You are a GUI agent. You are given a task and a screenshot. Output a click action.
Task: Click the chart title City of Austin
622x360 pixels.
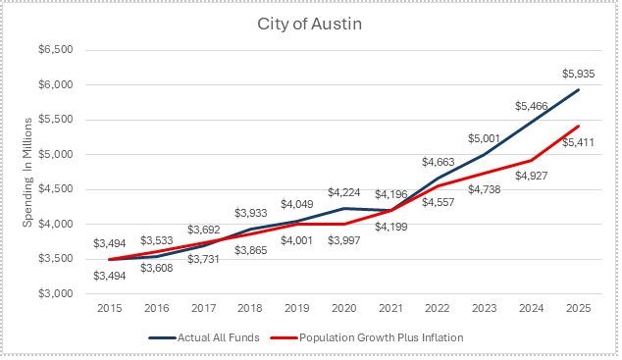[309, 24]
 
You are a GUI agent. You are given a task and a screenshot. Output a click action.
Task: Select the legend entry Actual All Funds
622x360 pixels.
[218, 337]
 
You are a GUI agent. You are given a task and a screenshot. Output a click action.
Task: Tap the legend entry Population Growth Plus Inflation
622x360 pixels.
[382, 337]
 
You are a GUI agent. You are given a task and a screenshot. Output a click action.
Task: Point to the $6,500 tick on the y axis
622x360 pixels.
[56, 50]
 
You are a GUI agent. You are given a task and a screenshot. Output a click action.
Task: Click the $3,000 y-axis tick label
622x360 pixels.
[56, 293]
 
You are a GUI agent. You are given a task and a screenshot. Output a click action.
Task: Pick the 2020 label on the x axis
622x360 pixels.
[344, 308]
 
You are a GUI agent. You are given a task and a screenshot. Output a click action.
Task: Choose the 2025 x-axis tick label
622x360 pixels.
[579, 308]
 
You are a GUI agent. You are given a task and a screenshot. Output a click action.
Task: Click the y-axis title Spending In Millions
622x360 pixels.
[26, 173]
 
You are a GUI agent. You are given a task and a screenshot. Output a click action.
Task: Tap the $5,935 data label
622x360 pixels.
[579, 74]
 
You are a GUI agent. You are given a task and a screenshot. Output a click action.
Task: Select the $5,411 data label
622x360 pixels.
[579, 142]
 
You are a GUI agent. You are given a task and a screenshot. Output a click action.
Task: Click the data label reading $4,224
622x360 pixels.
[344, 192]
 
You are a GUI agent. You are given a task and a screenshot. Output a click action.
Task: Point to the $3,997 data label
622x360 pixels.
[344, 240]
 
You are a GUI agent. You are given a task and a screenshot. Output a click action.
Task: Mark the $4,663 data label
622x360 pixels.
[438, 162]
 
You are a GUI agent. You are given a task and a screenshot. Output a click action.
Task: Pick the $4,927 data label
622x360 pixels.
[532, 176]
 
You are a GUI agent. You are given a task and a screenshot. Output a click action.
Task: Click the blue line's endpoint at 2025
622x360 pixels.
[579, 90]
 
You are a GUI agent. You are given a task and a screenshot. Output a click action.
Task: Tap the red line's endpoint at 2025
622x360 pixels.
[579, 127]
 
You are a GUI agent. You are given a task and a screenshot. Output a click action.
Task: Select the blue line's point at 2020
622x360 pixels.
[344, 208]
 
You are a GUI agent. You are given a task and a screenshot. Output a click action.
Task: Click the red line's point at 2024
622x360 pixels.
[532, 160]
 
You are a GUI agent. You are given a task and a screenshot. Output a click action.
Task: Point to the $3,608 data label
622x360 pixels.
[157, 268]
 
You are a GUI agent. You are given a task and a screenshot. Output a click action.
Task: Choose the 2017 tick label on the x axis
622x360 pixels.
[203, 308]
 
